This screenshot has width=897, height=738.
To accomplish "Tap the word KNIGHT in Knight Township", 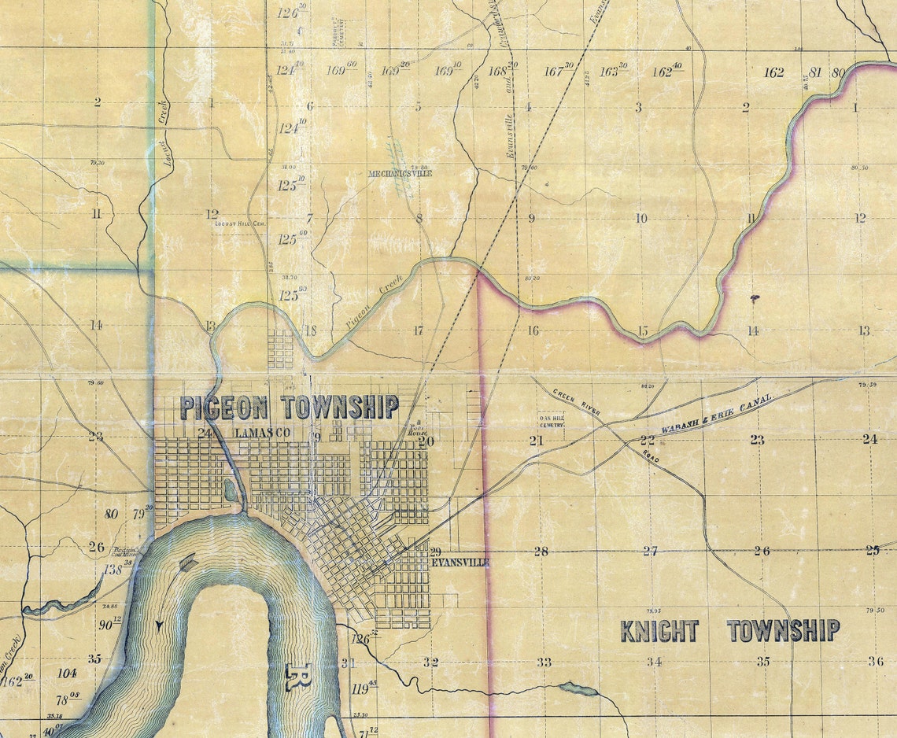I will click(659, 631).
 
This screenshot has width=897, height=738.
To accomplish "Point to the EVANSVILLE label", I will click(460, 563).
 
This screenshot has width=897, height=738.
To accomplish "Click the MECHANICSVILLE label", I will click(401, 173).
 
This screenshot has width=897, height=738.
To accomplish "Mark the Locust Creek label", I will click(164, 124).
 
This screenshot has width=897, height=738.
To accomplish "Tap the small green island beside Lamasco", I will click(229, 491).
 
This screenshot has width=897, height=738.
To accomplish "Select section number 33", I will click(544, 662).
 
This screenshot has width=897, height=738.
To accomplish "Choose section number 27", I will click(650, 551).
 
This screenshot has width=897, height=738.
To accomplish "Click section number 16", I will click(533, 330).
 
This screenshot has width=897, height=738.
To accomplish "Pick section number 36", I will click(875, 662).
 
